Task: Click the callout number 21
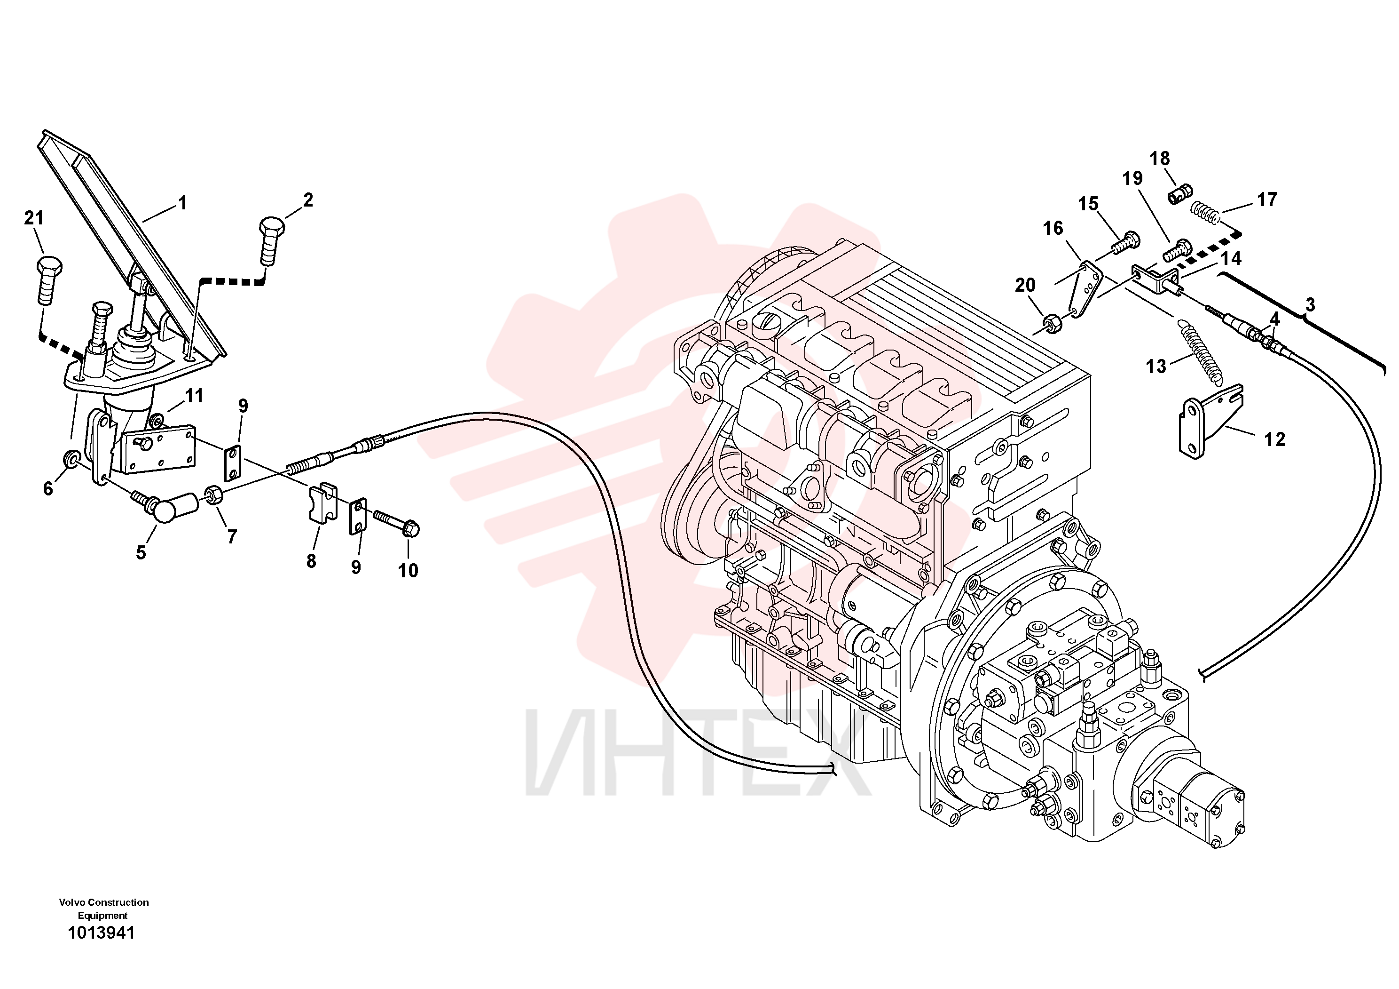34,218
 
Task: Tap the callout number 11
194,396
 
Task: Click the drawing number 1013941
101,933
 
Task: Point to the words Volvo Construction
103,902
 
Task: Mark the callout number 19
1133,179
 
